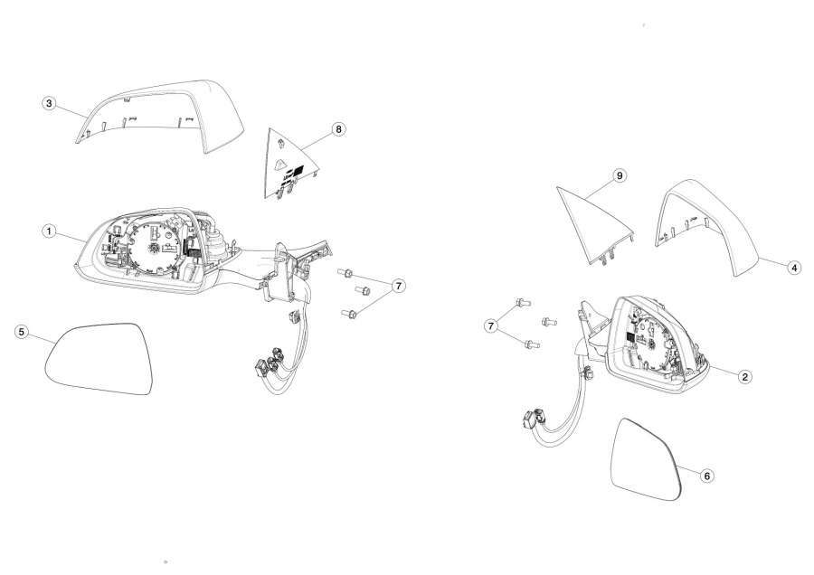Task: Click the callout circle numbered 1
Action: tap(49, 231)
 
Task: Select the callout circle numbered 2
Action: tap(744, 377)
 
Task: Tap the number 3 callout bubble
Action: tap(49, 103)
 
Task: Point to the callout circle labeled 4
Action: tap(794, 268)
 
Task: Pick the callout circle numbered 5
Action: tap(22, 332)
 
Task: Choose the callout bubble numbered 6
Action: tap(706, 476)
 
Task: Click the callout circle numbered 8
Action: tap(338, 128)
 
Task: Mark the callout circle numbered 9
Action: tap(619, 176)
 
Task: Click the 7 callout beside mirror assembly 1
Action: tap(398, 286)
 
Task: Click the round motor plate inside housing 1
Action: tap(155, 247)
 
